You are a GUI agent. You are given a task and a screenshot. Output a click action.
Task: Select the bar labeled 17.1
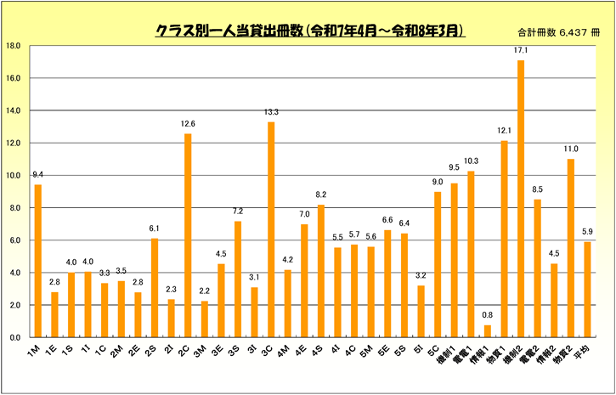tap(521, 199)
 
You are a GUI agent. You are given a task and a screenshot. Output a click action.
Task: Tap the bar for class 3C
tap(271, 229)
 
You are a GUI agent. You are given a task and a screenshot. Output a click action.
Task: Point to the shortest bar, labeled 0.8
tap(488, 331)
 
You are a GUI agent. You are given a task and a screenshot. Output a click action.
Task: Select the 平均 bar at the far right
tap(587, 290)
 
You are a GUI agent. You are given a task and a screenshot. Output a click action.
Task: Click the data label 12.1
tap(504, 131)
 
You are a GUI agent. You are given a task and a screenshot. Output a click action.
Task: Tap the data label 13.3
tap(271, 112)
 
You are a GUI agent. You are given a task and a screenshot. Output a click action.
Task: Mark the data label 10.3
tap(471, 161)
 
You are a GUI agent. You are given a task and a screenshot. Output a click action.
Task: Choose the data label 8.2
tap(321, 195)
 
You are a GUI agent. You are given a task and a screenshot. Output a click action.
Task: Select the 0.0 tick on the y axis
tap(16, 337)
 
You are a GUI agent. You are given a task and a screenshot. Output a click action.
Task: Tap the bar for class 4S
tap(321, 271)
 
